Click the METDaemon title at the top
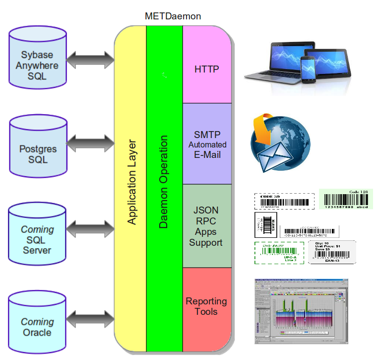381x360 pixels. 173,16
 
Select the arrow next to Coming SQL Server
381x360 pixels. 90,230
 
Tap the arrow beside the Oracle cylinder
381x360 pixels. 90,317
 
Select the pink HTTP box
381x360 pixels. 207,69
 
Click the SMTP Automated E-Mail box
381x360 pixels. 207,144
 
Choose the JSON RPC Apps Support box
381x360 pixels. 207,226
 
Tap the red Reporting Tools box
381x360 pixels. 206,306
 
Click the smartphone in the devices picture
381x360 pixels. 309,69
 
